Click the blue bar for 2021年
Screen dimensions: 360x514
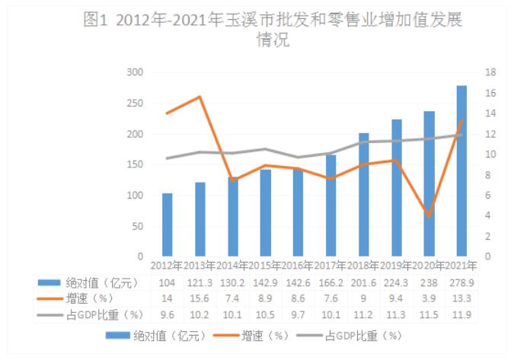461,171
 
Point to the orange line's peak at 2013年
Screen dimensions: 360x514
200,97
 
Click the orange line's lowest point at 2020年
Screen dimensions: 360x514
429,216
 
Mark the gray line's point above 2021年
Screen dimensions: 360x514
461,135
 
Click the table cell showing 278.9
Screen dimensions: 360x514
461,282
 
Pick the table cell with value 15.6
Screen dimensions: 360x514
200,298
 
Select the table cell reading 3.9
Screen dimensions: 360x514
429,298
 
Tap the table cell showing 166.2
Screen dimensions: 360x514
330,282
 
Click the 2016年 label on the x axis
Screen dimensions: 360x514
298,266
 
